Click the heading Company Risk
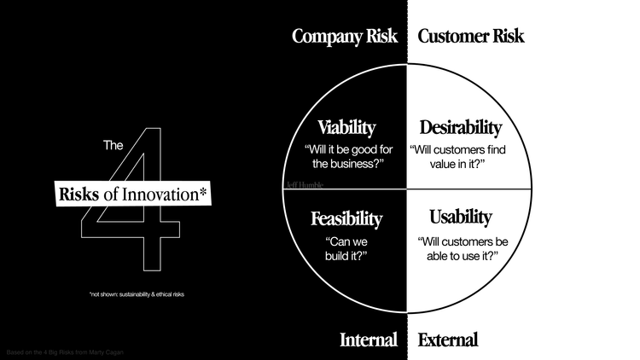(346, 37)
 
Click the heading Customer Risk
(471, 37)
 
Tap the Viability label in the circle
(346, 128)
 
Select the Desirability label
(461, 128)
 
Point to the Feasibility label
(346, 218)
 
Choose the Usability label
(461, 217)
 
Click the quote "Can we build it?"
(346, 248)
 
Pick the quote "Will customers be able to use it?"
(460, 248)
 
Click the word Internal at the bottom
(369, 340)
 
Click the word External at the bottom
(448, 340)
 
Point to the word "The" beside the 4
(114, 146)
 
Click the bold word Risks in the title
(79, 194)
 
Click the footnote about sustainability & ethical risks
(137, 294)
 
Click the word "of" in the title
(111, 194)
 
